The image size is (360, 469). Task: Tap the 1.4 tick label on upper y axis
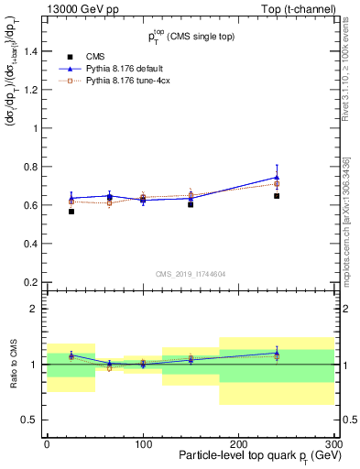point(30,52)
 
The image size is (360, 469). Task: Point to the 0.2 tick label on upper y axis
point(30,282)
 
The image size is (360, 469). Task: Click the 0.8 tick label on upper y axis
point(30,168)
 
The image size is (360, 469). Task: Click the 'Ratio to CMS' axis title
point(13,365)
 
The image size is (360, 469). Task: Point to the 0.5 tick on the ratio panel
point(30,420)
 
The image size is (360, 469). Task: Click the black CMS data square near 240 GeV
point(277,196)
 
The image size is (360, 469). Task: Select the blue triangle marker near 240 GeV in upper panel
point(277,177)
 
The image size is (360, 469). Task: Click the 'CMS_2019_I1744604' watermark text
point(190,275)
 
